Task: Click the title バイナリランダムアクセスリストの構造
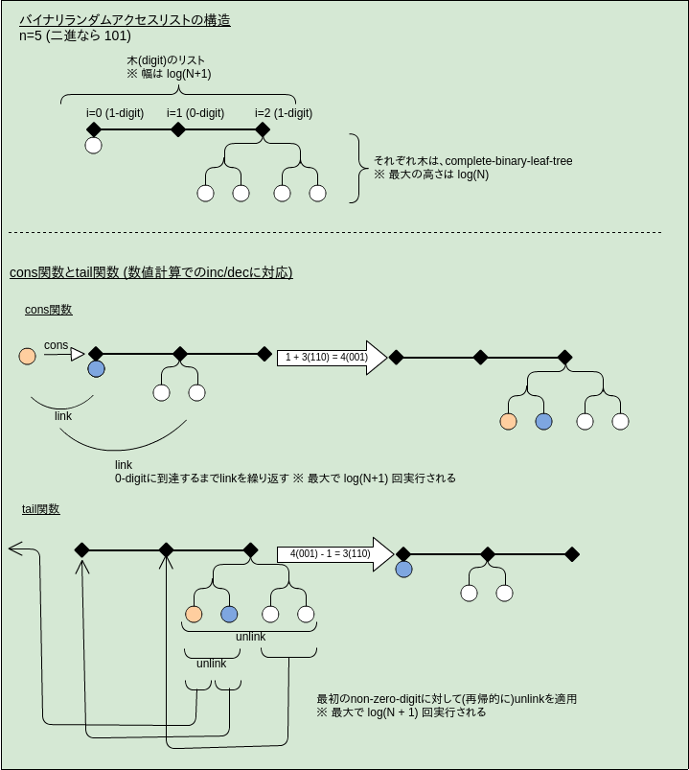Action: pyautogui.click(x=125, y=20)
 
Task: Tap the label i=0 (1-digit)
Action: pyautogui.click(x=115, y=113)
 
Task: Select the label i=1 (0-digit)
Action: pyautogui.click(x=195, y=113)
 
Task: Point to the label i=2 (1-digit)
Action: pyautogui.click(x=284, y=113)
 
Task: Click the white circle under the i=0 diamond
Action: pyautogui.click(x=93, y=146)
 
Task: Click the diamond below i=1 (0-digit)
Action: pyautogui.click(x=178, y=129)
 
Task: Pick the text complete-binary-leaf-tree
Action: pyautogui.click(x=509, y=161)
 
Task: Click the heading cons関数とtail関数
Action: pyautogui.click(x=150, y=273)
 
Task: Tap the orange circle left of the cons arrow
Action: pyautogui.click(x=28, y=356)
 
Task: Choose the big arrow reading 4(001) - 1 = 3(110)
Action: pyautogui.click(x=334, y=553)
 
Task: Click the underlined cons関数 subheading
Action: pyautogui.click(x=48, y=310)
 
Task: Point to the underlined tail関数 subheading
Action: pyautogui.click(x=41, y=509)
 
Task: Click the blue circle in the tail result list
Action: pyautogui.click(x=403, y=570)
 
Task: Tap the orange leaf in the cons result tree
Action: pyautogui.click(x=509, y=421)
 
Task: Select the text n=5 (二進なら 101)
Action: pyautogui.click(x=75, y=36)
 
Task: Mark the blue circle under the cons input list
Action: pyautogui.click(x=96, y=369)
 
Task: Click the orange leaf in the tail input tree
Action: pyautogui.click(x=194, y=615)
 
